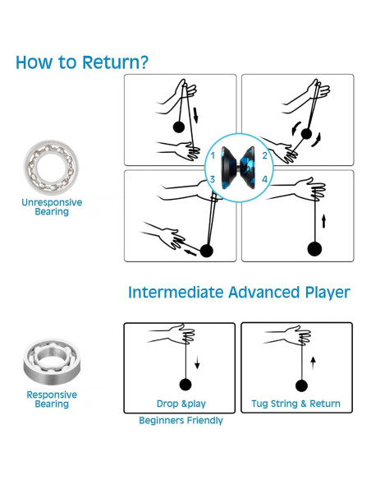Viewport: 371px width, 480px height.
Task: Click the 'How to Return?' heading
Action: [x=82, y=62]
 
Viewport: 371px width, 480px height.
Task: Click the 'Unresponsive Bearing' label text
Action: [x=52, y=207]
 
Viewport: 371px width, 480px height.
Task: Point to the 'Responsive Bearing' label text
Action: [x=52, y=399]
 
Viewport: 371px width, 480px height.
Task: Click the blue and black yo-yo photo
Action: [x=238, y=168]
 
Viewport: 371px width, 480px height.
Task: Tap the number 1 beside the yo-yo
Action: [x=213, y=156]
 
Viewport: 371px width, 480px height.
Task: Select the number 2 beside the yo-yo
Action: [x=264, y=155]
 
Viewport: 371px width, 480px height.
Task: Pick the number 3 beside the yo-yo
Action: [x=213, y=179]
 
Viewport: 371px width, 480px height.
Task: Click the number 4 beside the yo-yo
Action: [x=264, y=179]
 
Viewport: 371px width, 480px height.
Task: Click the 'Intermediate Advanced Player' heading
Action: [x=239, y=293]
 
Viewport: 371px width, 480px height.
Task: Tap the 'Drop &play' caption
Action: [x=181, y=404]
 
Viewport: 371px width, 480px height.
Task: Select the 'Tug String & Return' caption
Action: [x=295, y=404]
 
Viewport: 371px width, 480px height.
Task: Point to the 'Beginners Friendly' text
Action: [x=181, y=420]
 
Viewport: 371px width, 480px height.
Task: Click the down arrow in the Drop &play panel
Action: [x=197, y=362]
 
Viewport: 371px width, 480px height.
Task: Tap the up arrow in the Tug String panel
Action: [x=313, y=362]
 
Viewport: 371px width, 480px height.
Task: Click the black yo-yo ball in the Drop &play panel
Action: [x=185, y=385]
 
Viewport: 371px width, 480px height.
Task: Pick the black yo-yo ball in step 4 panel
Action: [x=314, y=248]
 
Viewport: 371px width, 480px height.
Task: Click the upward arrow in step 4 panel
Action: [x=323, y=221]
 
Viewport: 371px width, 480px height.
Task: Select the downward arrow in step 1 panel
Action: [x=195, y=115]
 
